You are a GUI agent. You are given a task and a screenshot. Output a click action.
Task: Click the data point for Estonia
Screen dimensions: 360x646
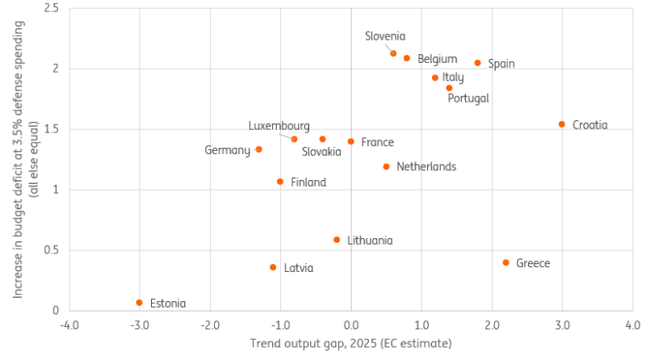point(140,303)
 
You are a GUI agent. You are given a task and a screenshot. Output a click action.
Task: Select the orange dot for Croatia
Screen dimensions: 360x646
point(562,124)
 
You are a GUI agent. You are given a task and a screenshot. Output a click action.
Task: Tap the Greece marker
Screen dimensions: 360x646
point(506,262)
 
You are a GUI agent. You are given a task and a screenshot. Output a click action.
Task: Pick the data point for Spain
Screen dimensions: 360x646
point(477,63)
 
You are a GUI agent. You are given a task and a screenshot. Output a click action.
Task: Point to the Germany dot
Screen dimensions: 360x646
point(258,149)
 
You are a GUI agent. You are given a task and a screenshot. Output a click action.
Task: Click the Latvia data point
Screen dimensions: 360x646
point(273,267)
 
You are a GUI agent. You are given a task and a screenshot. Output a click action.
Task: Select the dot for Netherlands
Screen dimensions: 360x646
point(386,167)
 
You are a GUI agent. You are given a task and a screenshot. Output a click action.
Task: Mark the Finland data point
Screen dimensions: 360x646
point(280,182)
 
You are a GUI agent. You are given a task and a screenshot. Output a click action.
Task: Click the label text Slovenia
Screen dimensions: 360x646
point(385,36)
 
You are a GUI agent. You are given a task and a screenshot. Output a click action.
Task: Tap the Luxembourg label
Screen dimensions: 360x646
point(279,126)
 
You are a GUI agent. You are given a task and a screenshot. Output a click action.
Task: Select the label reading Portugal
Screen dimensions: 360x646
point(468,98)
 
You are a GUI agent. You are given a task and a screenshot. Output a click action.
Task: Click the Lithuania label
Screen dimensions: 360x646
point(370,241)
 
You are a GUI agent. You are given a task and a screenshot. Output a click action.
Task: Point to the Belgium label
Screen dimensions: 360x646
point(438,59)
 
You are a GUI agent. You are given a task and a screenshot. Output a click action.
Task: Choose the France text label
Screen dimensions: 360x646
point(377,142)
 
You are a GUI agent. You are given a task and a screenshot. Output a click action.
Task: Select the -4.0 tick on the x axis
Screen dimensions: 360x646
point(69,325)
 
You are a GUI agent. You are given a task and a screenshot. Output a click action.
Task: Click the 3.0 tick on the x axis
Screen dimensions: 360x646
point(562,325)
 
